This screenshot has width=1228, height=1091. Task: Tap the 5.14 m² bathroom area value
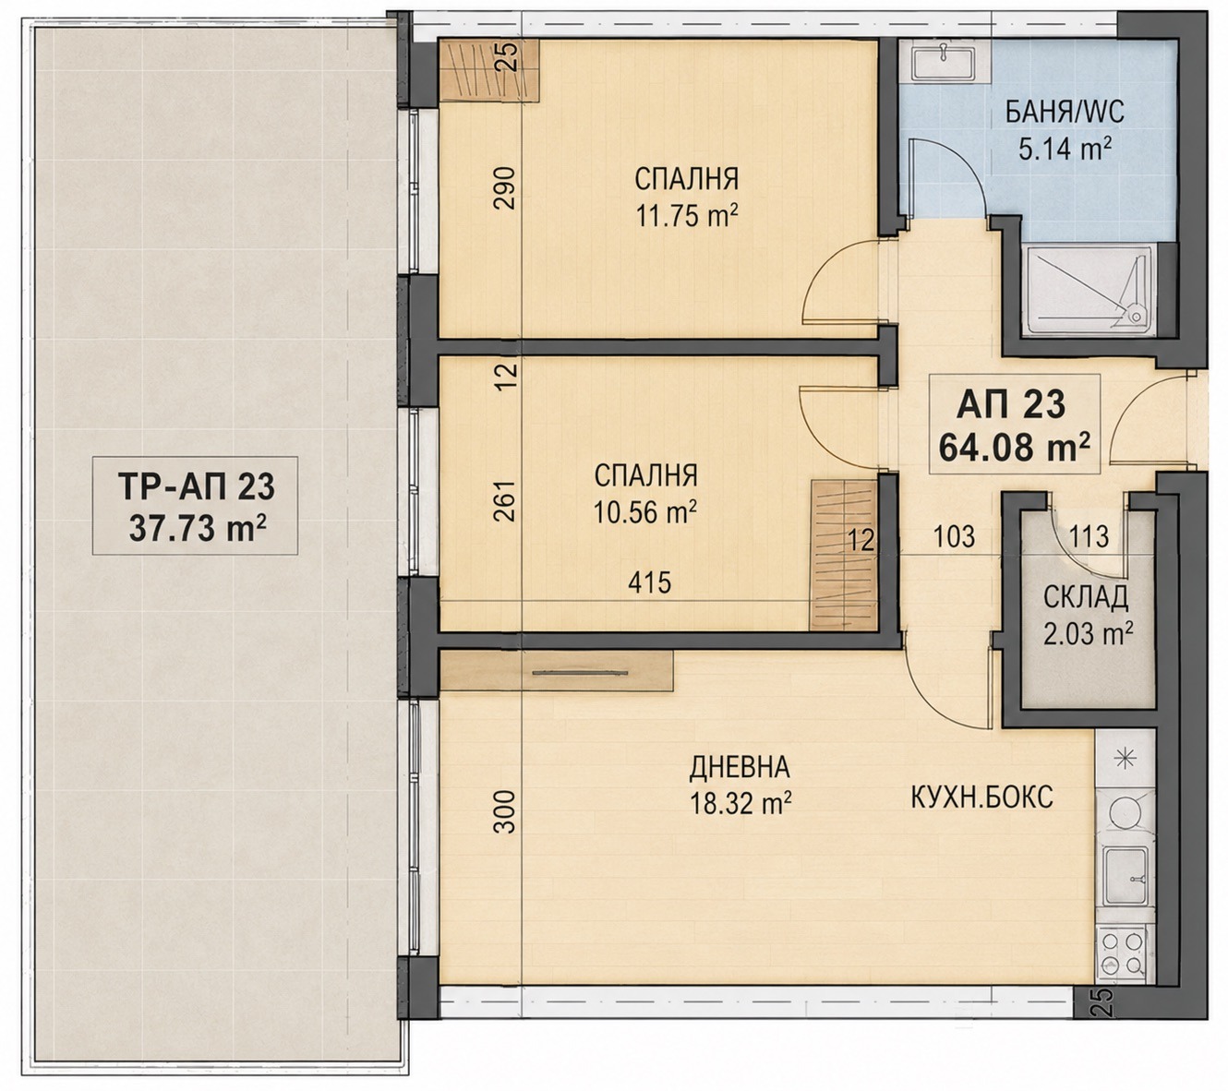(1065, 150)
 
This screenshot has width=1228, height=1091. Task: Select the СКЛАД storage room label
(1086, 597)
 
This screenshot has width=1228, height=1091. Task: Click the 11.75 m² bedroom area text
(687, 214)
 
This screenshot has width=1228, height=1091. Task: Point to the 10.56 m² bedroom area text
(644, 512)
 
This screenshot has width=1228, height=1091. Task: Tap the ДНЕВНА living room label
(740, 767)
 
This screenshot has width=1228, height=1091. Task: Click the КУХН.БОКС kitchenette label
(981, 797)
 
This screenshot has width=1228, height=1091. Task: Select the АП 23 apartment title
(1010, 404)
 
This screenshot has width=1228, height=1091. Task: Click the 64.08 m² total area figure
(1015, 448)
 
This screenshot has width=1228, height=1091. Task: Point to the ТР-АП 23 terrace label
(197, 486)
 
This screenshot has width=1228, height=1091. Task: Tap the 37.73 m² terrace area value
(198, 528)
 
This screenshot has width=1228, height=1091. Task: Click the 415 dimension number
(650, 583)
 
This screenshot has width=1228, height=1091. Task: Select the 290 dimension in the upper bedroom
(505, 188)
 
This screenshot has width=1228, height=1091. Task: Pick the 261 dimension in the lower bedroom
(505, 500)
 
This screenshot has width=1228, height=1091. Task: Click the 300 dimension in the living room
(505, 812)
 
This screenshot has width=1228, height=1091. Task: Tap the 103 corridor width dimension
(954, 536)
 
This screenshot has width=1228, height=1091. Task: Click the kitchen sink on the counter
(1125, 873)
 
